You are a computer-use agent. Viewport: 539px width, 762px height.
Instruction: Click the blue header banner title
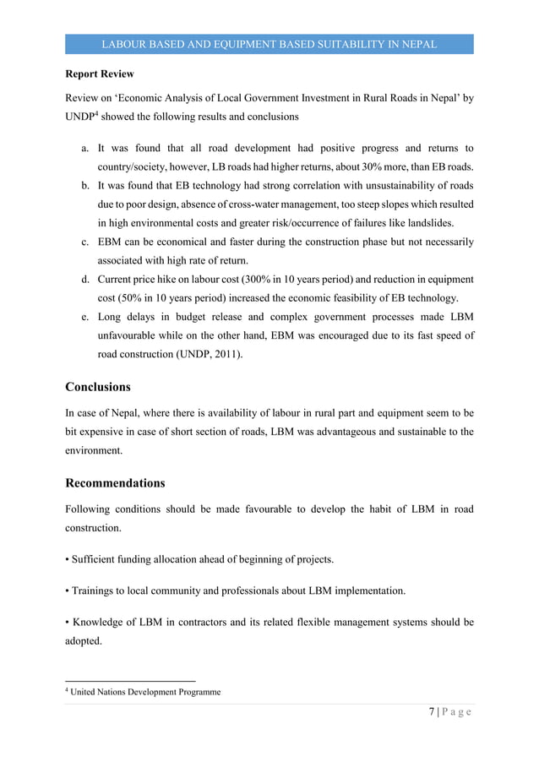(x=269, y=43)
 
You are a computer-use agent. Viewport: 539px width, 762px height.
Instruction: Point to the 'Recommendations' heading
(x=115, y=484)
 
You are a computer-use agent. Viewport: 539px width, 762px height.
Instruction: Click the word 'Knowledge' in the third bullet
(x=101, y=623)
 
